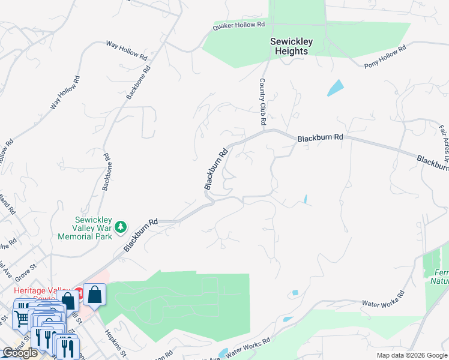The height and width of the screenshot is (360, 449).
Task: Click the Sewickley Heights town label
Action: (x=288, y=46)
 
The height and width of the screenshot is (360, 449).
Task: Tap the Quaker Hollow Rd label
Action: (x=239, y=25)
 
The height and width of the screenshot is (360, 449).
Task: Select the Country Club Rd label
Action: (x=262, y=101)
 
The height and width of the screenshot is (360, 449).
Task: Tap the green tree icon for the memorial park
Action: (x=121, y=227)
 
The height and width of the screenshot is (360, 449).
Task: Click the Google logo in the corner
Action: (x=20, y=353)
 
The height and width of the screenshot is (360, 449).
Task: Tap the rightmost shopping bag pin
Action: (x=95, y=295)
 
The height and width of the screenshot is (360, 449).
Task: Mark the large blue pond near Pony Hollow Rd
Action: (x=335, y=88)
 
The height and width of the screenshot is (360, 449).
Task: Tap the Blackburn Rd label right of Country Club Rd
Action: (x=321, y=137)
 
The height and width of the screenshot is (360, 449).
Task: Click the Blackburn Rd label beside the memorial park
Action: (x=140, y=235)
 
